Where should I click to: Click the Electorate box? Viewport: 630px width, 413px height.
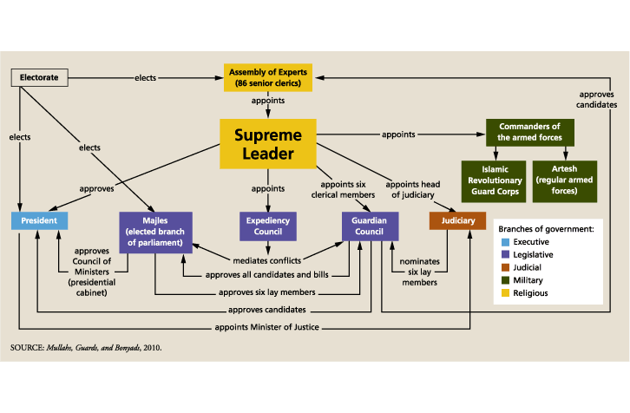[x=39, y=77]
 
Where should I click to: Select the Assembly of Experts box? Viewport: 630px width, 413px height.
[x=266, y=77]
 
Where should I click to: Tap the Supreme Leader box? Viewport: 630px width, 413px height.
[x=266, y=144]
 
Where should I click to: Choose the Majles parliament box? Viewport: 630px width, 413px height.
[x=154, y=227]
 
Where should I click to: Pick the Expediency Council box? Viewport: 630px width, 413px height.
[x=268, y=227]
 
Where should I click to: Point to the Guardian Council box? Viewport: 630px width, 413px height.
[x=370, y=227]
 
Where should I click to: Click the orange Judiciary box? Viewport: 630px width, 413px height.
[x=456, y=221]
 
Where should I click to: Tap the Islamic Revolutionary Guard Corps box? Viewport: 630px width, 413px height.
[x=490, y=180]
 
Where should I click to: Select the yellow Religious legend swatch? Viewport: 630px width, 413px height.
[x=506, y=293]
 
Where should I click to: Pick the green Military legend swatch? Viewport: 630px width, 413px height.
[x=506, y=280]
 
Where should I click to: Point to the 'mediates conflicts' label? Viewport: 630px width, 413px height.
[x=266, y=260]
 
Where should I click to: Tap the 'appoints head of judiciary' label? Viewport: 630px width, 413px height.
[x=414, y=190]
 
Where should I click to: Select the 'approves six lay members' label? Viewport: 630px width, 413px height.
[x=266, y=292]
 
